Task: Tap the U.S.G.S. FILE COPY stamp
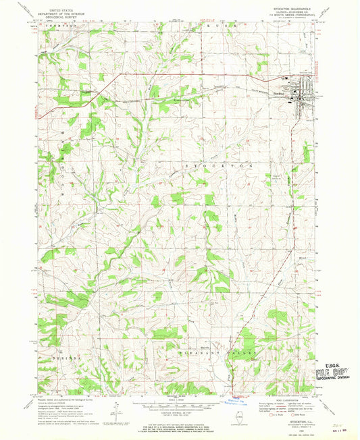[x=336, y=373]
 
